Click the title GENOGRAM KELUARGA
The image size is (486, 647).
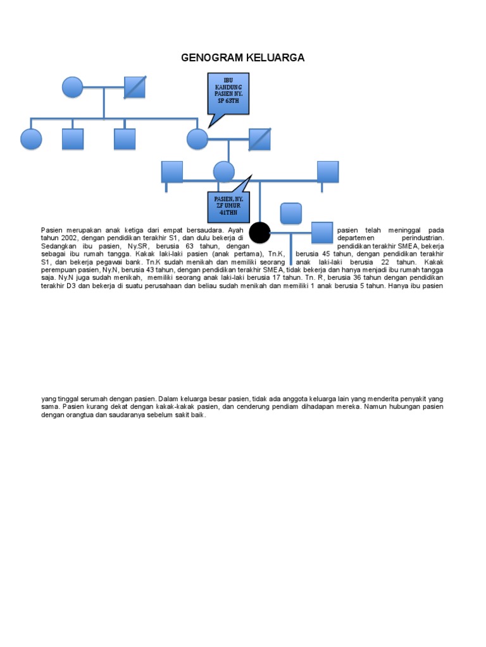(x=243, y=58)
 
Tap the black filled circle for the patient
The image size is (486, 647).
(x=259, y=233)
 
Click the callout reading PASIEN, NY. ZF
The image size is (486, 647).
(x=228, y=205)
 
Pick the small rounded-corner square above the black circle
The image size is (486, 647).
(x=290, y=214)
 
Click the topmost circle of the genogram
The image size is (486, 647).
(x=73, y=87)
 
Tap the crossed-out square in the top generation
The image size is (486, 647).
(x=135, y=87)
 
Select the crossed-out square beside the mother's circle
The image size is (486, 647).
(x=259, y=139)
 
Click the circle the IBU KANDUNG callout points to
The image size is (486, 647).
(x=197, y=139)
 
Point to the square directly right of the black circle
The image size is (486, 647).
(x=322, y=233)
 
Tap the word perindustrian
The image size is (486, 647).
(x=423, y=238)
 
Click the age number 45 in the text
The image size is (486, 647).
(x=327, y=253)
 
